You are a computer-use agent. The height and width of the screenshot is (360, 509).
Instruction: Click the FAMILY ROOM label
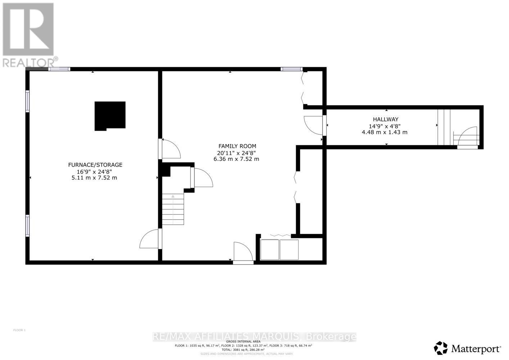pyautogui.click(x=237, y=146)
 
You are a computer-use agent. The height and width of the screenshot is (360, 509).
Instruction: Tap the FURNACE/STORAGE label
pyautogui.click(x=95, y=165)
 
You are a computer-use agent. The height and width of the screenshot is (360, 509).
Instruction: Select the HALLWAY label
pyautogui.click(x=386, y=119)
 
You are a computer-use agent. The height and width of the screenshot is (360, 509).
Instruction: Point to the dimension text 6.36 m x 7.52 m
pyautogui.click(x=236, y=159)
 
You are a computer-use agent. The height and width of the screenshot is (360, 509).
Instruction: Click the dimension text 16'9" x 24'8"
pyautogui.click(x=95, y=171)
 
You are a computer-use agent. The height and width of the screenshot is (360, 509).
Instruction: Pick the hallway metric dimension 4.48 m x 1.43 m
pyautogui.click(x=384, y=132)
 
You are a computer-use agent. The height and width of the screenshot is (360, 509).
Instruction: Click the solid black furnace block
pyautogui.click(x=110, y=116)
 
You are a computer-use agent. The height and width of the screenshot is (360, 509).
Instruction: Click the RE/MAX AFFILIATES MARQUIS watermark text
pyautogui.click(x=254, y=337)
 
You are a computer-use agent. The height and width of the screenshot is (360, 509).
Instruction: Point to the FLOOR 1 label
pyautogui.click(x=19, y=330)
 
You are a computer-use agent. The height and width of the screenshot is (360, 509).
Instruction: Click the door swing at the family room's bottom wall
pyautogui.click(x=243, y=252)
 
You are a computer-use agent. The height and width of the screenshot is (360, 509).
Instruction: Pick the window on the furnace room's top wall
pyautogui.click(x=59, y=69)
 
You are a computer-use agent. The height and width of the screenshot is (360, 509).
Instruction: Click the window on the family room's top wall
pyautogui.click(x=291, y=69)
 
